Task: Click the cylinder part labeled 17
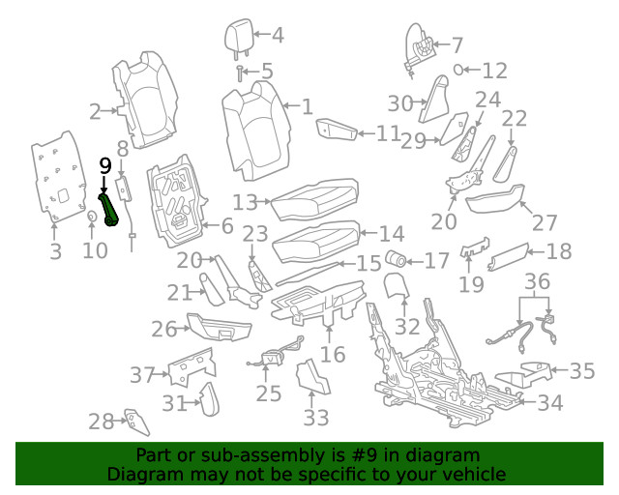pos(395,259)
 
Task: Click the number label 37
pos(143,374)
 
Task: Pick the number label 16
pos(332,355)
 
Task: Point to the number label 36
pos(538,281)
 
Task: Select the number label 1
pos(306,107)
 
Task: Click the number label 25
pos(269,393)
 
